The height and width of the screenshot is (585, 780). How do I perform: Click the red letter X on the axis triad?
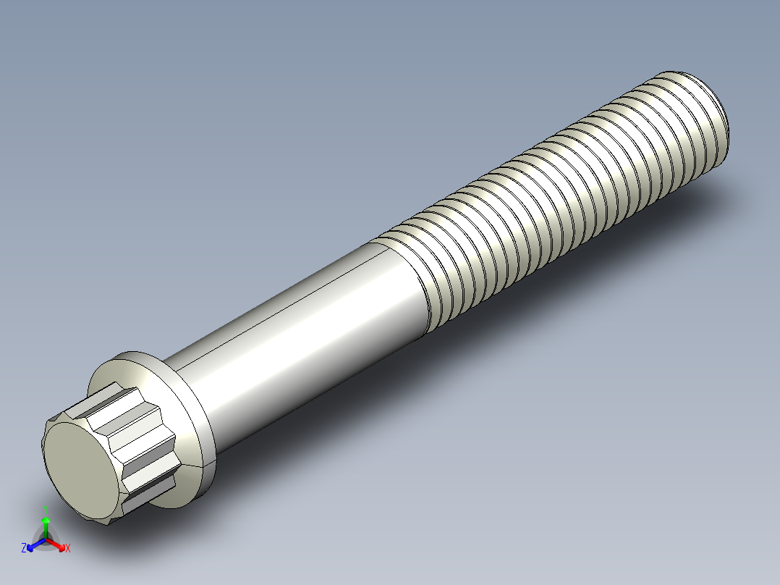coord(68,549)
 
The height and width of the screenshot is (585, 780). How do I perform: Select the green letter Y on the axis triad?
coord(46,508)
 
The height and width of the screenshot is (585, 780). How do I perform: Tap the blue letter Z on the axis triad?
coord(24,549)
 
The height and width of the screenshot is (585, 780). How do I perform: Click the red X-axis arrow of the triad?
coord(59,544)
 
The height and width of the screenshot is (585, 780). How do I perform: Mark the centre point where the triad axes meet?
coord(46,539)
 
